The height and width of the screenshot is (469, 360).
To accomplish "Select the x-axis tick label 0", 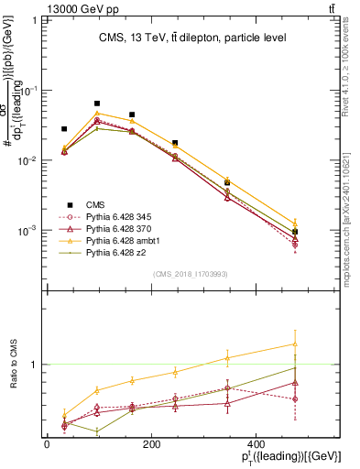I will [47, 446].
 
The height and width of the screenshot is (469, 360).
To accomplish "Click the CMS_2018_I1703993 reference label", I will [190, 274].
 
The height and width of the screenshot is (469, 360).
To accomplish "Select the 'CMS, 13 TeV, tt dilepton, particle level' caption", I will [192, 38].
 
